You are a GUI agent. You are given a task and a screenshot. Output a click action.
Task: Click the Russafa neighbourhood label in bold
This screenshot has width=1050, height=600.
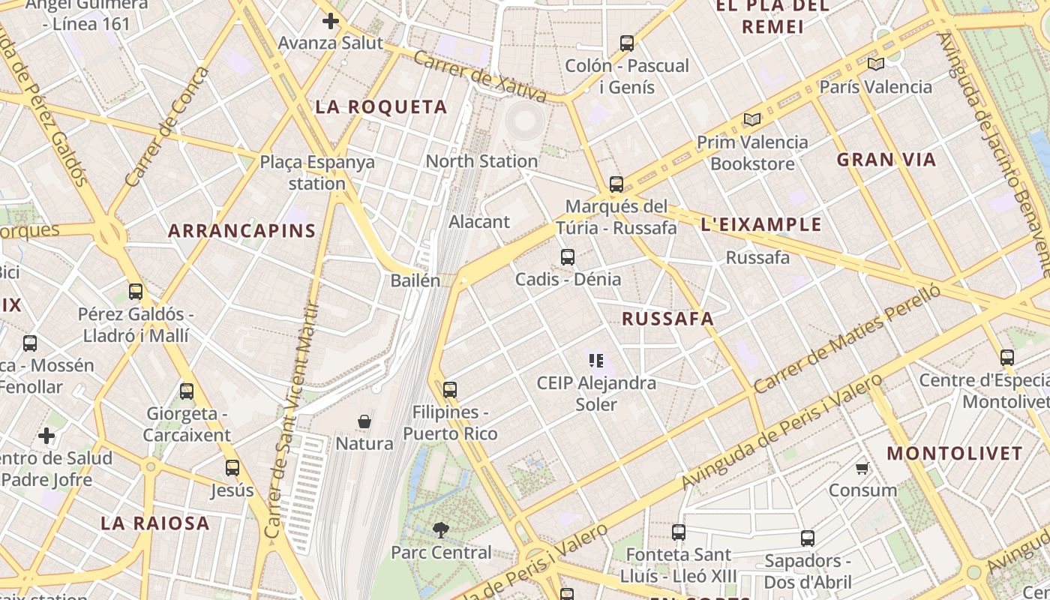667,319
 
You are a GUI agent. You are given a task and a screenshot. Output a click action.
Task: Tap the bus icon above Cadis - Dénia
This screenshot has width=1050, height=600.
568,257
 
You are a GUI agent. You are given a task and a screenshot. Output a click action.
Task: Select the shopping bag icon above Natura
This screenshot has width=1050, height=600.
364,421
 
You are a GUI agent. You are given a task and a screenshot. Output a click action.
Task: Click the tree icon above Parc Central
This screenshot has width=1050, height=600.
441,530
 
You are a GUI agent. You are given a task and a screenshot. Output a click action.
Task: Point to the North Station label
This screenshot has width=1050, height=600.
481,161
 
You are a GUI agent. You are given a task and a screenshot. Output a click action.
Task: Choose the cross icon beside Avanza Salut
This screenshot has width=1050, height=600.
330,21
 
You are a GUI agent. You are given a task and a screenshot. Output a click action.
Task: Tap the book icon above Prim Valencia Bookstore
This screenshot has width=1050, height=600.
751,119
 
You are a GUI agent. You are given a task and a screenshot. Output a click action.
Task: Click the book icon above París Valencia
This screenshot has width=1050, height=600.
875,64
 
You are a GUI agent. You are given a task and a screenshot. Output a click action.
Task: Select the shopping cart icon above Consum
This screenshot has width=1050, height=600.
862,469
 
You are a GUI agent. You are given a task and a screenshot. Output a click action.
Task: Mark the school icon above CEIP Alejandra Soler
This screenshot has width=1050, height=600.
597,361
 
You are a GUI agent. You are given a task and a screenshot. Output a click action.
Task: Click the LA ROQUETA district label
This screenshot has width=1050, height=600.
381,107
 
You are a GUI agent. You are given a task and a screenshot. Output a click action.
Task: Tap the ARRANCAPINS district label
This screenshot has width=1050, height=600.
241,230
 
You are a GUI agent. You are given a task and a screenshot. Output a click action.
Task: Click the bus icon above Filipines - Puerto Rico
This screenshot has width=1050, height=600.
450,390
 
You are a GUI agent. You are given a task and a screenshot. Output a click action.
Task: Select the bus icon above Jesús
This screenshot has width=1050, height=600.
232,468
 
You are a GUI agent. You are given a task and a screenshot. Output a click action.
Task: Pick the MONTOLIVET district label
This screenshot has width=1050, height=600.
955,454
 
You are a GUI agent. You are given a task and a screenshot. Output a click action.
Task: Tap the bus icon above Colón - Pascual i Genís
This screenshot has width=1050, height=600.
627,43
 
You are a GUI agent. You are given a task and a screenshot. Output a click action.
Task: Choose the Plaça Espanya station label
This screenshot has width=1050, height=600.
317,172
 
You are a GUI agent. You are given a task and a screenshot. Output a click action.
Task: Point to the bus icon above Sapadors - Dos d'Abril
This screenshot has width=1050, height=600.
808,538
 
